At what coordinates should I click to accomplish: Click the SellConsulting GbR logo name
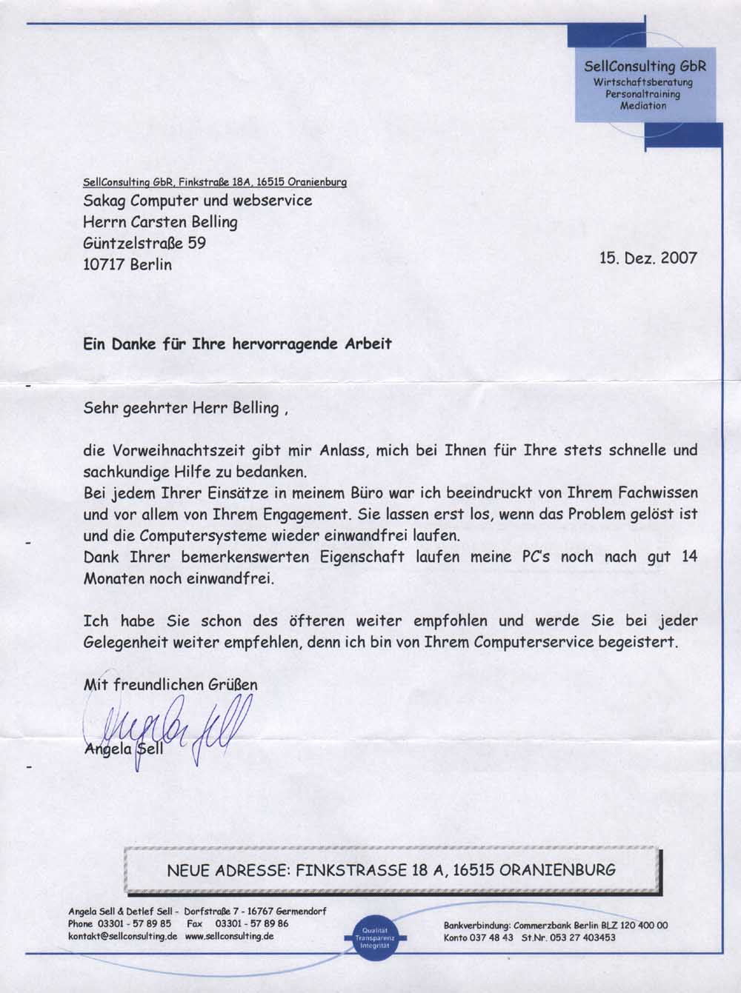[645, 67]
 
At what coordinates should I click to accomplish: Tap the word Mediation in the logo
[643, 106]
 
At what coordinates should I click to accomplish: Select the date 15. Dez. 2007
[648, 258]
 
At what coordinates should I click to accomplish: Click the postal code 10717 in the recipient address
[104, 264]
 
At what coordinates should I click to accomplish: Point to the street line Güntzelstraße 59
[144, 243]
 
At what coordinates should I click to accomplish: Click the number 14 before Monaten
[689, 557]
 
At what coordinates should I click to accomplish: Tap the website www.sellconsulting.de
[230, 936]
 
